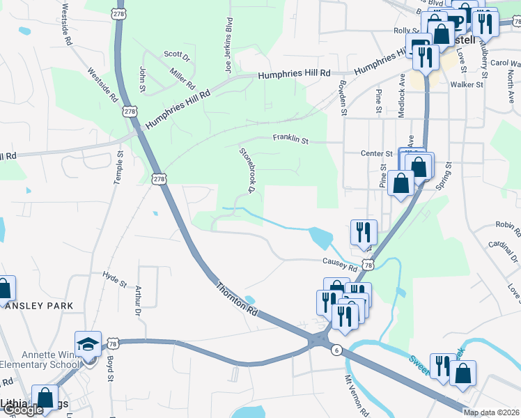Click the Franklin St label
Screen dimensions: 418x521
coord(290,139)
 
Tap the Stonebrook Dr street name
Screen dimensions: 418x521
coord(246,170)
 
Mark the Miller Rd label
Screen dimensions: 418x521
coord(182,77)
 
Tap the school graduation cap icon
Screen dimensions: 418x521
coord(88,345)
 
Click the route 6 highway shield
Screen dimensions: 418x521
coord(337,350)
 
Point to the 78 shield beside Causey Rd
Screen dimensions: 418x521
coord(368,265)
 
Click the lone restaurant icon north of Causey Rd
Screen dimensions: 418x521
coord(363,232)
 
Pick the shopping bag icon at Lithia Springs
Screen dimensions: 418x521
coord(45,398)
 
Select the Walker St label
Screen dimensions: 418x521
coord(467,85)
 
